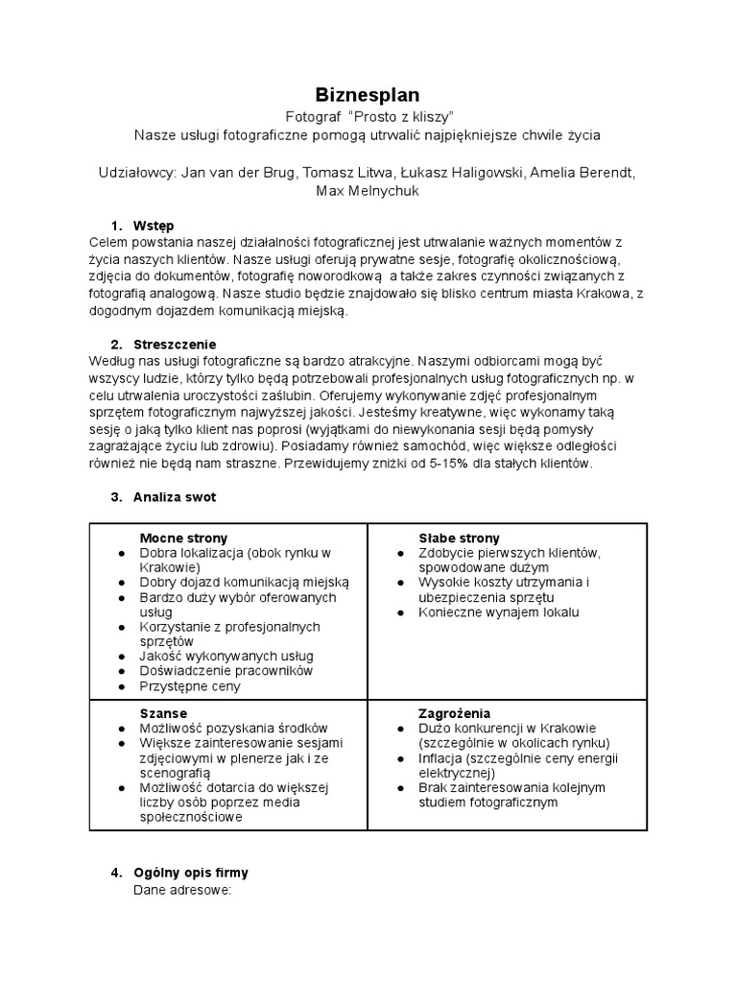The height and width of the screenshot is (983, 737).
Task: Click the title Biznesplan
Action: coord(368,94)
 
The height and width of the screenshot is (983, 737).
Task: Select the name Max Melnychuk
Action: coord(368,191)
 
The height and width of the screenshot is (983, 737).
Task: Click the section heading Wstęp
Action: coord(154,225)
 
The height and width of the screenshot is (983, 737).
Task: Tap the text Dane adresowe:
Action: coord(182,890)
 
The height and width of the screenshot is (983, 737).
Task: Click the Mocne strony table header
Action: coord(183,538)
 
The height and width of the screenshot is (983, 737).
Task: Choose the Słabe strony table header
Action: coord(459,538)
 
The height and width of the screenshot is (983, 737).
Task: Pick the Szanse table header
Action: coord(163,713)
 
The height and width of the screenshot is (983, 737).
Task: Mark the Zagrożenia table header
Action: coord(454,713)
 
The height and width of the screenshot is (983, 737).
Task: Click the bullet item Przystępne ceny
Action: coord(190,686)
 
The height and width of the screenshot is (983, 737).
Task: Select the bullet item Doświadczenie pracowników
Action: coord(226,671)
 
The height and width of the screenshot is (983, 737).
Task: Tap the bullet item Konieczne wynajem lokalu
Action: coord(499,611)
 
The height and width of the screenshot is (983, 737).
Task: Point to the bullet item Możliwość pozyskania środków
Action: coord(233,729)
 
